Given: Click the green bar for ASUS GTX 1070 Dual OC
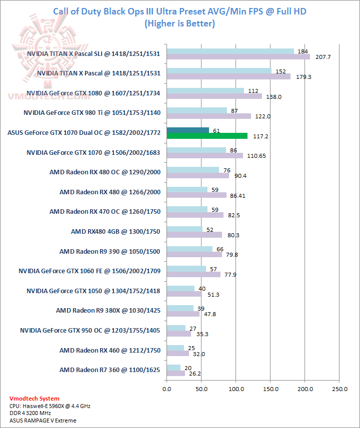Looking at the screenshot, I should pos(207,136).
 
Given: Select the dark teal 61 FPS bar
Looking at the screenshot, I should pos(188,130).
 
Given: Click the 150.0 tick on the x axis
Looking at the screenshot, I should pos(270,388).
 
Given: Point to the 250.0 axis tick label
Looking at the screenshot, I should pos(339,388).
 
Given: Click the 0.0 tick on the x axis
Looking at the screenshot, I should pos(167,388).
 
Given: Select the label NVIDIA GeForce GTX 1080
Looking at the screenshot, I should pos(93,92).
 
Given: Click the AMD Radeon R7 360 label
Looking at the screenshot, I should pos(110,370).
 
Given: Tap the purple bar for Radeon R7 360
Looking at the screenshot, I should pos(176,373).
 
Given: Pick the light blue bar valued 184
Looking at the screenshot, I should pos(230,51).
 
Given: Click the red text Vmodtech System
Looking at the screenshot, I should pos(34,399).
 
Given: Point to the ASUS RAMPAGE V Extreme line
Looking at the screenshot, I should pos(43,421).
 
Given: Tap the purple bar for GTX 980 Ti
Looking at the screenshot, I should pos(209,116).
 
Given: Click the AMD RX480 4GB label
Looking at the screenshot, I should pos(115,231).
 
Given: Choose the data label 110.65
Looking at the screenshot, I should pos(256,156).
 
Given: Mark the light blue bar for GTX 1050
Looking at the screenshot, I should pos(180,289).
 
